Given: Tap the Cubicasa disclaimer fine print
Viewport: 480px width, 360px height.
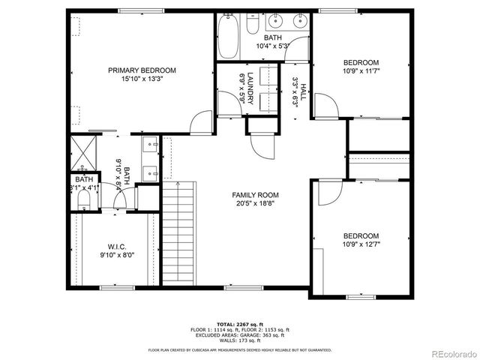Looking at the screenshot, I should tap(239, 349).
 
